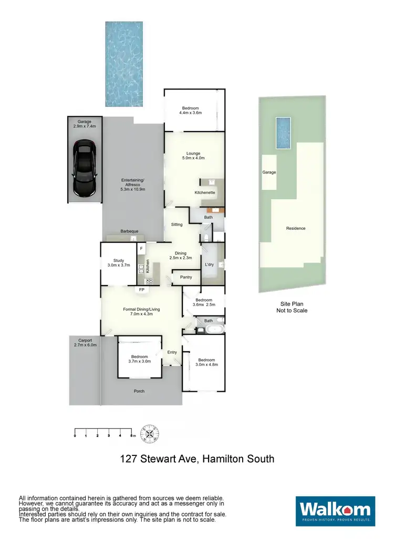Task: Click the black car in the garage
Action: click(84, 169)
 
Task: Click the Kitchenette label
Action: click(205, 193)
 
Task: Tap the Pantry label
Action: click(185, 277)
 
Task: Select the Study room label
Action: click(119, 260)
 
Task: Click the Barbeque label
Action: click(129, 231)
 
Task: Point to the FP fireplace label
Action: click(142, 290)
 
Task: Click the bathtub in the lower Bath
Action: click(214, 330)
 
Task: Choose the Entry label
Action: click(172, 352)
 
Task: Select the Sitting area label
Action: click(177, 225)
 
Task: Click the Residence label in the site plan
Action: click(295, 228)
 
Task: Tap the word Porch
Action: click(139, 391)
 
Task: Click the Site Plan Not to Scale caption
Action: click(292, 307)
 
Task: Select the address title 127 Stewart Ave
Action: click(196, 459)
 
